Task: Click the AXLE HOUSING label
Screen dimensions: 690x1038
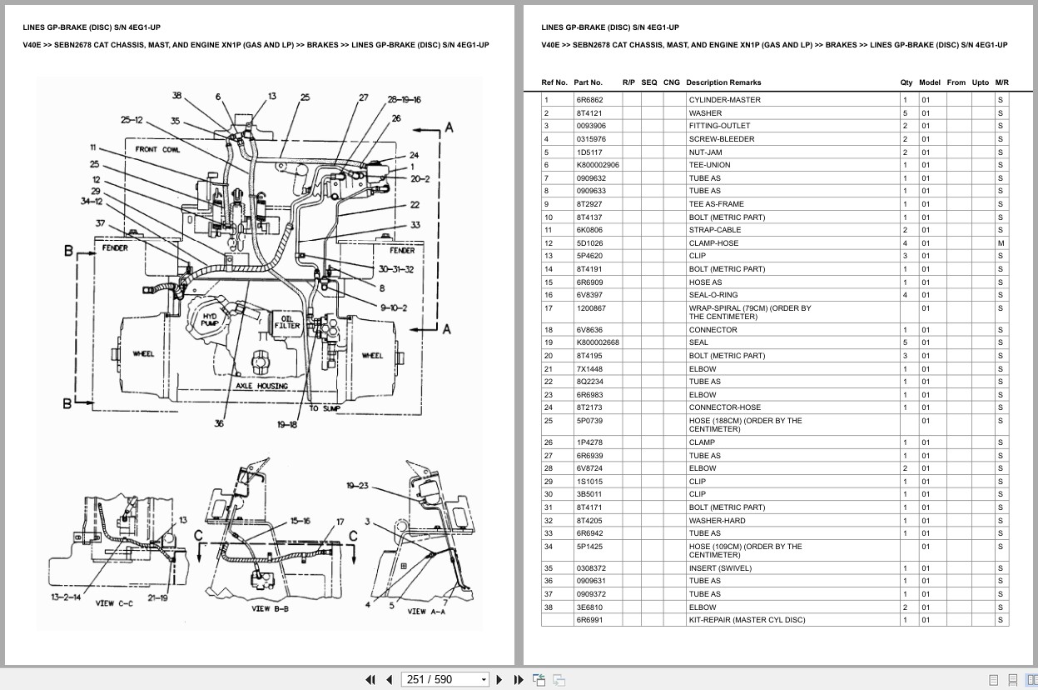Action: click(261, 386)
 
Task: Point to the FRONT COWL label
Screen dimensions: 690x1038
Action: click(157, 150)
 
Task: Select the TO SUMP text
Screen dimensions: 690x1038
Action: click(325, 408)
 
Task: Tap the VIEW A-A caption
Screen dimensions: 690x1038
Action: click(426, 611)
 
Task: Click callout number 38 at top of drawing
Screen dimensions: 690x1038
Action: click(176, 96)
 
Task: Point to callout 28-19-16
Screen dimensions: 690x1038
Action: click(404, 100)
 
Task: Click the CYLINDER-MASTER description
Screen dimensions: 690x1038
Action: click(713, 100)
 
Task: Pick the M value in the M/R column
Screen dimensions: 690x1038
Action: click(1001, 243)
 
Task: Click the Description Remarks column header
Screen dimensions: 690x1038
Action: click(723, 82)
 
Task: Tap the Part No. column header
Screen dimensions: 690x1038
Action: click(588, 82)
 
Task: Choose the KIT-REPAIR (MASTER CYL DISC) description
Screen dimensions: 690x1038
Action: click(747, 620)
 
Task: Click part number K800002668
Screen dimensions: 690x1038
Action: click(597, 342)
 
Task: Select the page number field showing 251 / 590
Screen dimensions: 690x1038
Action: click(445, 679)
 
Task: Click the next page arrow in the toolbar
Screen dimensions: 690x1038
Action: click(499, 679)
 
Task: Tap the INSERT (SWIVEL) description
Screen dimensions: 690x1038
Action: click(719, 568)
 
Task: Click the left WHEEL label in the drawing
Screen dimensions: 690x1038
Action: click(144, 354)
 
